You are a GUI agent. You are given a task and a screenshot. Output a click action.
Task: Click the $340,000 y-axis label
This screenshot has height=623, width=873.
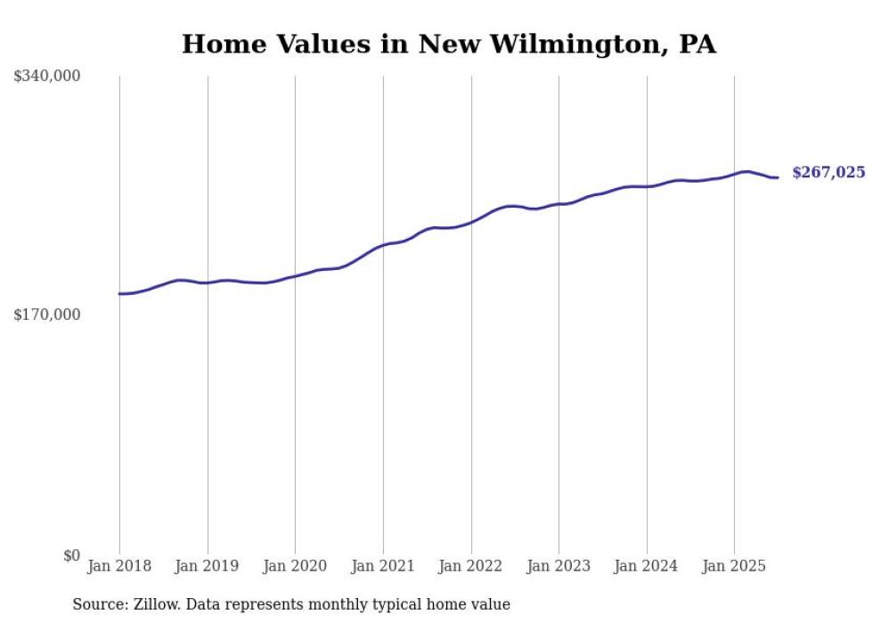click(46, 77)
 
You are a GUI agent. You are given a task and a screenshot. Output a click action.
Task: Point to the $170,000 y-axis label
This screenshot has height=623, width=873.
click(46, 315)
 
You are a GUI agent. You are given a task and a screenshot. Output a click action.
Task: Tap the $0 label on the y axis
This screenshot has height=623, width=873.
click(71, 555)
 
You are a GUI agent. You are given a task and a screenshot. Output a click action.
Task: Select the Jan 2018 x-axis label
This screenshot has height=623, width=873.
click(119, 566)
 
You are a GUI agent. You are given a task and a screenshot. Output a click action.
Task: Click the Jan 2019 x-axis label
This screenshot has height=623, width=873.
click(208, 566)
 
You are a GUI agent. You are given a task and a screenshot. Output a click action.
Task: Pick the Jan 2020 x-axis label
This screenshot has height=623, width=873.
click(295, 566)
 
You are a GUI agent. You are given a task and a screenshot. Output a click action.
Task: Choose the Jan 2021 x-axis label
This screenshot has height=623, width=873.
click(383, 566)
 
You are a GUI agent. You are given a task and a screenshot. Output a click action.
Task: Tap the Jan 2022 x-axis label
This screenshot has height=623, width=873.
click(471, 566)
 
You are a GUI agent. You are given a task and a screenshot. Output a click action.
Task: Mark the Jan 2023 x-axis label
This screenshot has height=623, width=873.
click(559, 566)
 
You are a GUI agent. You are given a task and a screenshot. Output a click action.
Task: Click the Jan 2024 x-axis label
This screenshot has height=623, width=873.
click(647, 566)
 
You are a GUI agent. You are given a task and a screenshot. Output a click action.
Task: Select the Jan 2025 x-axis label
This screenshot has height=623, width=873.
click(734, 566)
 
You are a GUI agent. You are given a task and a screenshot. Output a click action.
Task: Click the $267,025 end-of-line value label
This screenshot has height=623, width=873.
click(828, 173)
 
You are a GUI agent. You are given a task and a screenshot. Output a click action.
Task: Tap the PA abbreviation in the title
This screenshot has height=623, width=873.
click(697, 45)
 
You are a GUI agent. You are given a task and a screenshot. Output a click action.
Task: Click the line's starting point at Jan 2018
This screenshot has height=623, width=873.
click(119, 293)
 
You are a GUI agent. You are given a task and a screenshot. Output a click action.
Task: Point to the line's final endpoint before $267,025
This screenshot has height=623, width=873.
click(778, 177)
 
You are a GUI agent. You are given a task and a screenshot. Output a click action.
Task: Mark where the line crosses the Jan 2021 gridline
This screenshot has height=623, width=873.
click(383, 245)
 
